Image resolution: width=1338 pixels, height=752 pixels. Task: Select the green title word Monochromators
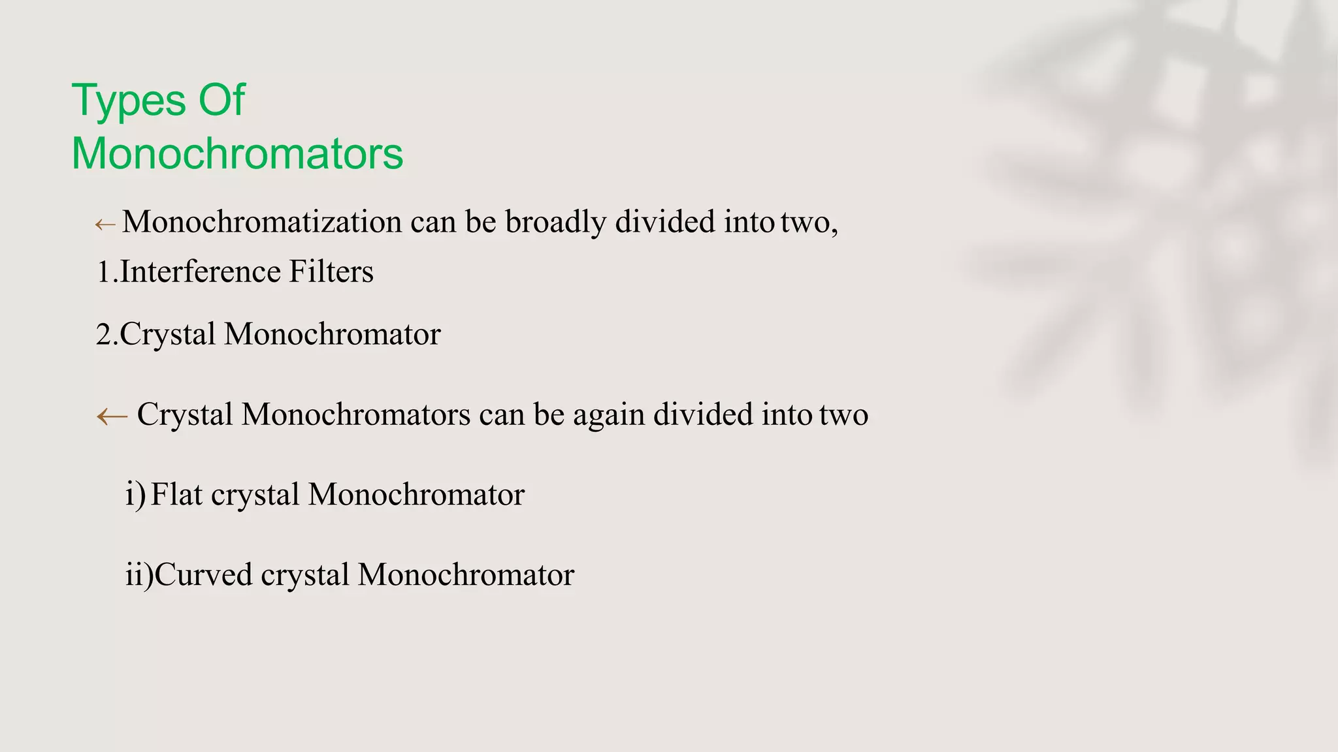point(237,154)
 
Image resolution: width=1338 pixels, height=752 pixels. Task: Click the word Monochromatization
point(262,222)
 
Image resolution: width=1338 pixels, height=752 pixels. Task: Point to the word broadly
point(556,222)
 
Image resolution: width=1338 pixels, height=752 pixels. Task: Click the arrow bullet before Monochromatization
point(105,225)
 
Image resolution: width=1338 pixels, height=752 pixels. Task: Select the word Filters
point(331,272)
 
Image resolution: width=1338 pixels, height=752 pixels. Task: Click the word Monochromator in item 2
point(333,334)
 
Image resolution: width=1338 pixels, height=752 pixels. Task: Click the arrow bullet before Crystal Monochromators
point(112,416)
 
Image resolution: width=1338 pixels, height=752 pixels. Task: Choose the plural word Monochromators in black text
point(356,415)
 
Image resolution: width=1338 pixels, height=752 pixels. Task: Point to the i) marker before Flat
point(135,495)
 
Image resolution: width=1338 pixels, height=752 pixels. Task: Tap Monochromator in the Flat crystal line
point(416,495)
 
